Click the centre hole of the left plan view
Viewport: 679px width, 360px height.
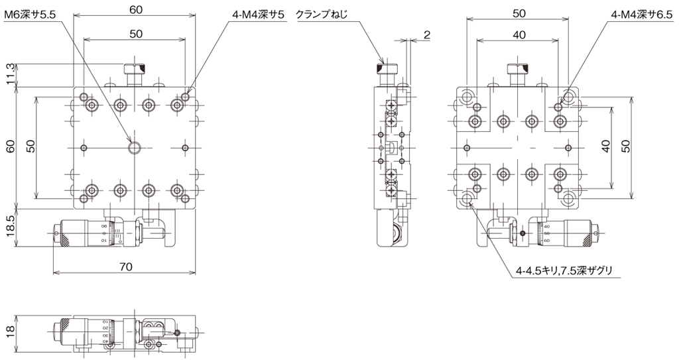pos(135,147)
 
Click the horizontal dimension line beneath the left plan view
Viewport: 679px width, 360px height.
pos(125,272)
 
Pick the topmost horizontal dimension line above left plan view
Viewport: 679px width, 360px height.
pos(135,14)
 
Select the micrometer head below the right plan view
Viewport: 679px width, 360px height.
pos(564,235)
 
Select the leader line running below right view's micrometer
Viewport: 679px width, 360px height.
pos(564,276)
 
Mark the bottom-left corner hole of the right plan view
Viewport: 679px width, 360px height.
pos(469,198)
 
